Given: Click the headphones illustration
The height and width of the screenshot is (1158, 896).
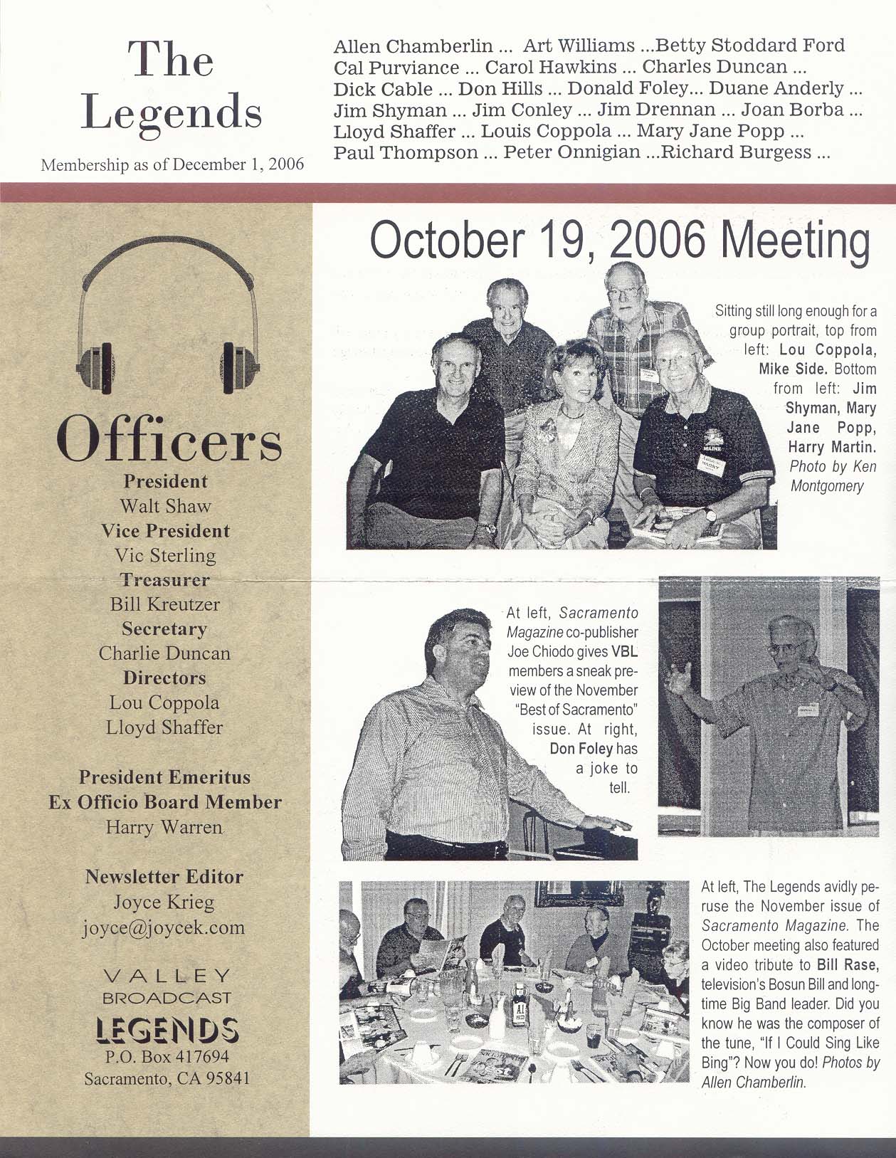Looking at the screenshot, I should point(167,313).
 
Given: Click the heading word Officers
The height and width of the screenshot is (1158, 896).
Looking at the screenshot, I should point(169,440).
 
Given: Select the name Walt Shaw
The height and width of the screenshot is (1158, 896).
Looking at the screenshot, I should point(165,506).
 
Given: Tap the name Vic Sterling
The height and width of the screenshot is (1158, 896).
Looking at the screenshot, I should point(165,555).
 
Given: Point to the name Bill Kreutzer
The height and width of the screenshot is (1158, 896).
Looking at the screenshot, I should point(165,604).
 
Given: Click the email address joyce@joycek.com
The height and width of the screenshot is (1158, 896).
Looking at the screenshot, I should point(164,927).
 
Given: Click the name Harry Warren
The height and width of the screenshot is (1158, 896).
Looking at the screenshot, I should point(164,827).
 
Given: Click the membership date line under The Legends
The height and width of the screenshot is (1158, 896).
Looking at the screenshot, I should point(172,164).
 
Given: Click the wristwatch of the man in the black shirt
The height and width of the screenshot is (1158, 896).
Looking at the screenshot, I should point(487,528).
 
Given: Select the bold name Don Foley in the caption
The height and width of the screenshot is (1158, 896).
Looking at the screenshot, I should point(581,749).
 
